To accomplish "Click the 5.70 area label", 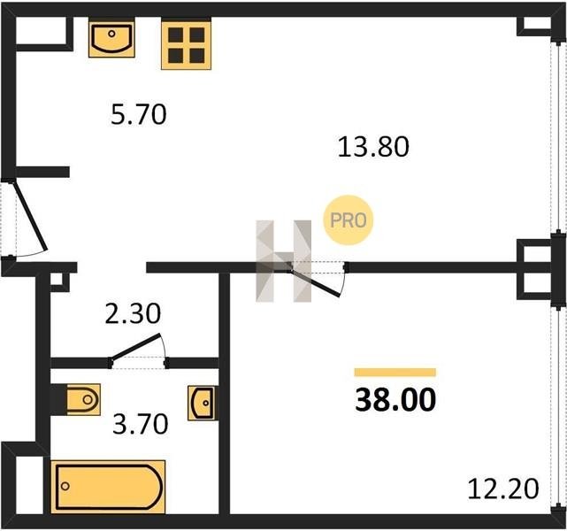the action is tap(139, 114).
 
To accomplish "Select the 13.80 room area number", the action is tap(373, 147).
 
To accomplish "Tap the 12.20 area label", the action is tap(503, 489).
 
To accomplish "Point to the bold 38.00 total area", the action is tap(395, 399).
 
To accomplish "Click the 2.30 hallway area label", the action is tap(133, 313).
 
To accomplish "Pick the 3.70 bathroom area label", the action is tap(141, 424).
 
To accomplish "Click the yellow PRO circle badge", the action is tap(349, 220).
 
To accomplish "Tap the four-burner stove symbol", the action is tap(187, 45).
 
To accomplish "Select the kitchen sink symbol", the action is tap(111, 38).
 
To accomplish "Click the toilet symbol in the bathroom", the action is tap(83, 400).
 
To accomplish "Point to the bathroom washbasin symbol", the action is tap(203, 403).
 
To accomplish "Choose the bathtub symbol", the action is tap(108, 487).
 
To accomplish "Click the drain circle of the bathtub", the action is tap(65, 486).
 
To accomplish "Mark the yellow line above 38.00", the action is tap(395, 373).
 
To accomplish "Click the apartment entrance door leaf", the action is tap(30, 216).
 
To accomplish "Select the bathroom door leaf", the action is tap(134, 347).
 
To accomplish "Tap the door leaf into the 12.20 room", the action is tap(315, 282).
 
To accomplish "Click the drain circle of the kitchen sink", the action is tap(111, 34).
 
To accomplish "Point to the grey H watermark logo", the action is tap(283, 261).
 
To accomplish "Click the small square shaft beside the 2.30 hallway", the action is tap(58, 281).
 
